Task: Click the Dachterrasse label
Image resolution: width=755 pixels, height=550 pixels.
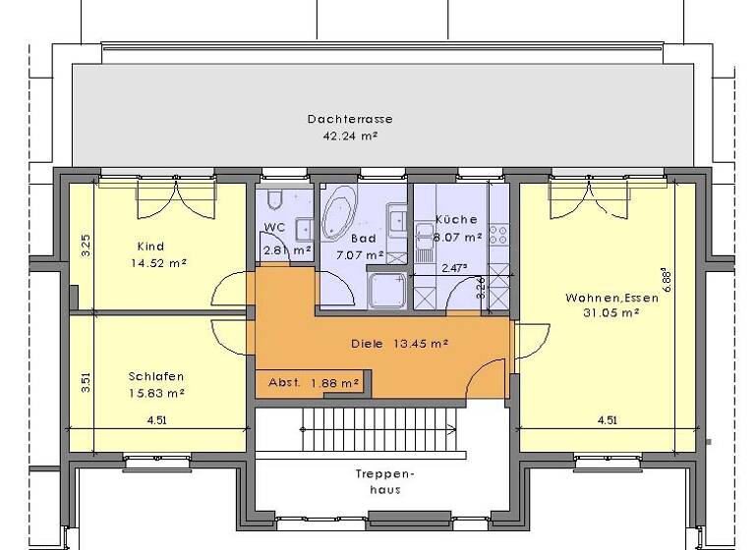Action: click(x=342, y=119)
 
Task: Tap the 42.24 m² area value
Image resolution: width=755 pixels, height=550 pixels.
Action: click(x=351, y=137)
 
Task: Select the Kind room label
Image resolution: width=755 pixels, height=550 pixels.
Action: click(x=150, y=246)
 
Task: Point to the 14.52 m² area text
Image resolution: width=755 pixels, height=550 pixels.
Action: click(x=158, y=262)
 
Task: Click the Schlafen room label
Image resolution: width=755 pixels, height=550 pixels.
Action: click(x=155, y=376)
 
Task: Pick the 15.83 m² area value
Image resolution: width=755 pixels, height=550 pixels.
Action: click(x=156, y=393)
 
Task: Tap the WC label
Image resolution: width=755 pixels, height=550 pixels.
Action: click(x=274, y=228)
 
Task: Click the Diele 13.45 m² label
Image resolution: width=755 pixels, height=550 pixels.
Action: click(x=399, y=344)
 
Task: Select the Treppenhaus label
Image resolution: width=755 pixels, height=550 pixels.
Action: click(x=384, y=482)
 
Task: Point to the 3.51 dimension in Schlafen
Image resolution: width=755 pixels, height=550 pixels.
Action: click(x=86, y=379)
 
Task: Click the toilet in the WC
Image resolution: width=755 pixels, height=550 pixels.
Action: click(x=274, y=200)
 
